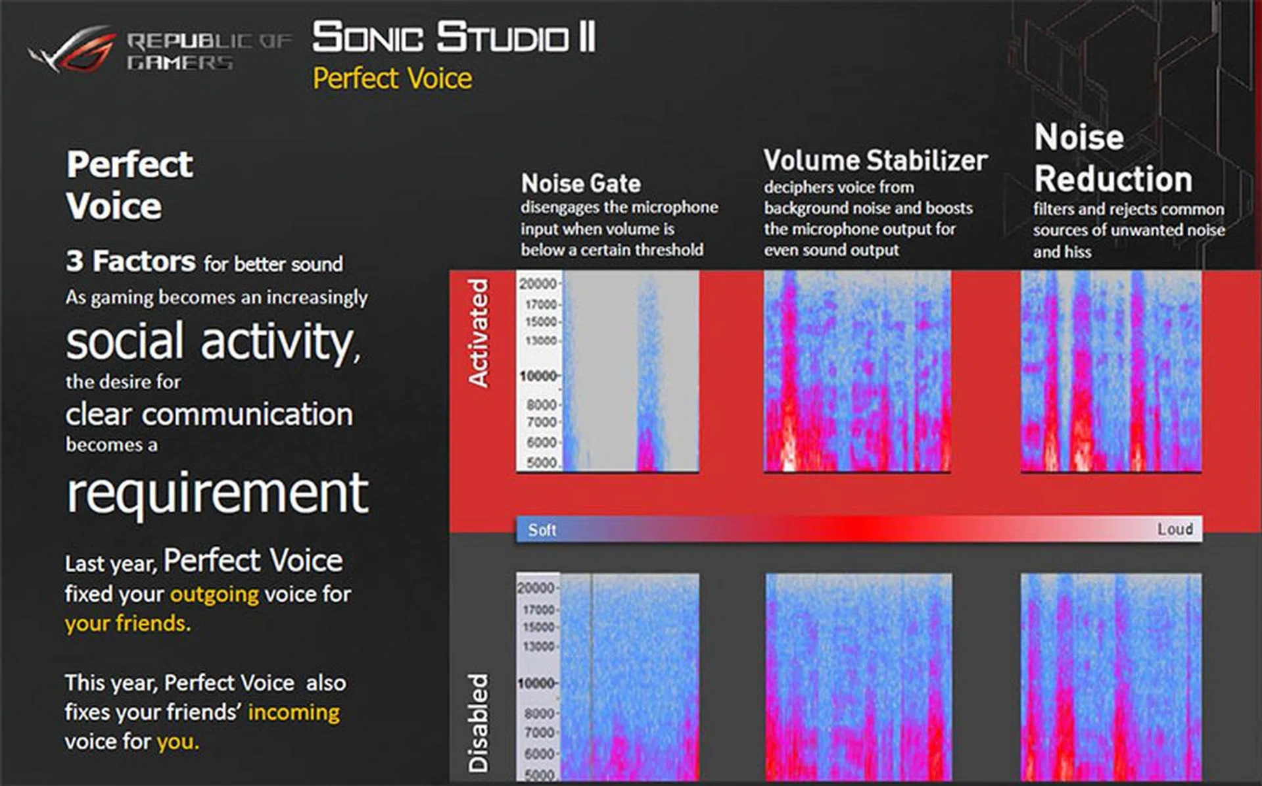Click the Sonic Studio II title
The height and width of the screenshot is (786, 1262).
tap(454, 37)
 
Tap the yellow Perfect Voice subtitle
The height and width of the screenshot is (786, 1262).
tap(392, 79)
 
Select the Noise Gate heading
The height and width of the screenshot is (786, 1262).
tap(581, 184)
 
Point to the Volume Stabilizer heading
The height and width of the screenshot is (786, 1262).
tap(876, 160)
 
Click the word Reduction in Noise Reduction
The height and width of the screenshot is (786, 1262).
tap(1113, 179)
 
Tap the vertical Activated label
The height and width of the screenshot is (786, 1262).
tap(479, 333)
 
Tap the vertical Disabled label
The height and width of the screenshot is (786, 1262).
tap(479, 722)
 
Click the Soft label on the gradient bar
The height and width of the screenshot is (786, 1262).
tap(542, 530)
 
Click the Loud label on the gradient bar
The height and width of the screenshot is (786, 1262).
tap(1175, 529)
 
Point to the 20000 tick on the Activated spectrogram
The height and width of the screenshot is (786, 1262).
tap(538, 283)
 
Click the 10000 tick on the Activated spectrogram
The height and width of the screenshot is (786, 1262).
tap(538, 376)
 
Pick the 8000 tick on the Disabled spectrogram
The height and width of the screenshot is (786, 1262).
tap(540, 713)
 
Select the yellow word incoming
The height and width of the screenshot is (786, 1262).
tap(294, 712)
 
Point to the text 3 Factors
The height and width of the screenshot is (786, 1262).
tap(131, 261)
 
